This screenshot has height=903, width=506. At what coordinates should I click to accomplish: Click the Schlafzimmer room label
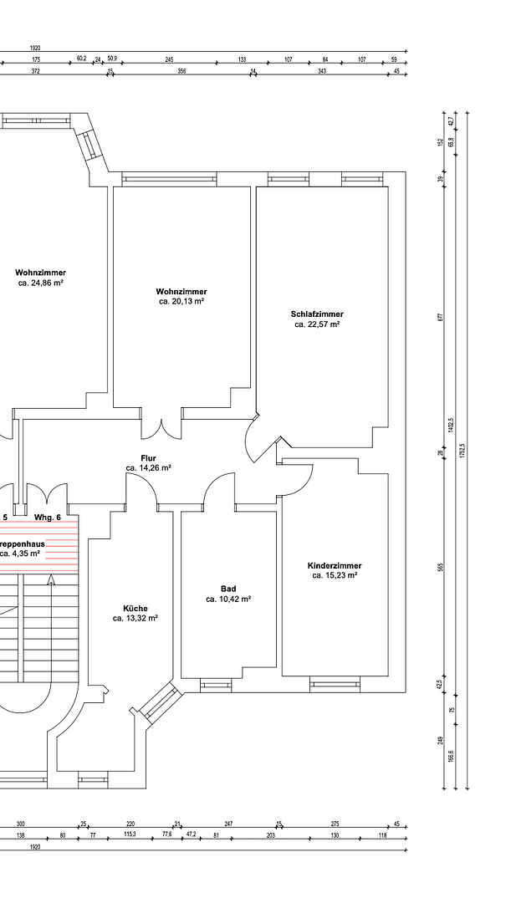[x=317, y=314]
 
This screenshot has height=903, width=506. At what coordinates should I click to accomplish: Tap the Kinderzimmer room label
[x=335, y=566]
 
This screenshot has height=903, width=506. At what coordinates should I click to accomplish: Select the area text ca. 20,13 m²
[x=181, y=301]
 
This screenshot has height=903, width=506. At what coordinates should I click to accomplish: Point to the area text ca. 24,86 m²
[x=41, y=283]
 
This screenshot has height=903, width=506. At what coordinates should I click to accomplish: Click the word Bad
[x=228, y=589]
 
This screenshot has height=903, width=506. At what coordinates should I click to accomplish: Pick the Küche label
[x=135, y=608]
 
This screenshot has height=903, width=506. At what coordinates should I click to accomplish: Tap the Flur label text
[x=148, y=458]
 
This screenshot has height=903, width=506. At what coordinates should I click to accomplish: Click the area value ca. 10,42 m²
[x=228, y=599]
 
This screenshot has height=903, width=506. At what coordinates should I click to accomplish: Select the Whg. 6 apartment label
[x=48, y=518]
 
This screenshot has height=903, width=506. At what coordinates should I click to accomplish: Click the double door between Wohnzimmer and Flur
[x=161, y=428]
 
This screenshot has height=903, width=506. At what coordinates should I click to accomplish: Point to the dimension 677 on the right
[x=441, y=317]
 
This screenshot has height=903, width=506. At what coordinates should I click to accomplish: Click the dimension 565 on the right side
[x=441, y=568]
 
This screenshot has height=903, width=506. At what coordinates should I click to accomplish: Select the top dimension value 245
[x=169, y=59]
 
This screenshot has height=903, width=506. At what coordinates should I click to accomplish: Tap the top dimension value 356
[x=181, y=71]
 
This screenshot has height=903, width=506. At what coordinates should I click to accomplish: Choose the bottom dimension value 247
[x=228, y=824]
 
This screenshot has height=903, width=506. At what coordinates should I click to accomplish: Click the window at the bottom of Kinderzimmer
[x=335, y=686]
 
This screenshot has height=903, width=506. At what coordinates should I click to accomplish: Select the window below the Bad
[x=217, y=686]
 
